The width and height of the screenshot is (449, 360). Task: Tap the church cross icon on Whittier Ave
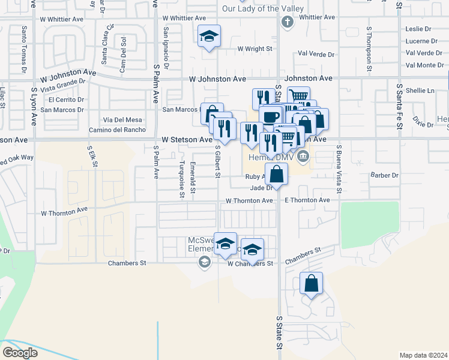point(287,23)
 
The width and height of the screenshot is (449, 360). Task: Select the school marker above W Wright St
point(209,37)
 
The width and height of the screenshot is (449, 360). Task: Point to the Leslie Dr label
point(418,29)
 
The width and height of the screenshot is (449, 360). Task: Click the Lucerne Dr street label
point(421,41)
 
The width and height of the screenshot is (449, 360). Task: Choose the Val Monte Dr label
point(424,65)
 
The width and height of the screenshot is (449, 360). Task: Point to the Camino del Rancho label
point(117,130)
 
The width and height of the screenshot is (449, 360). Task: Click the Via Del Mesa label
point(122,120)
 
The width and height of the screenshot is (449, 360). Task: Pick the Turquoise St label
point(181,179)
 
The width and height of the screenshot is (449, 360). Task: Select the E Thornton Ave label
point(307,200)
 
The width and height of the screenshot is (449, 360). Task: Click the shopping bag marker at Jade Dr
point(276,175)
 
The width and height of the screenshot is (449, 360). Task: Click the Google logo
point(20,353)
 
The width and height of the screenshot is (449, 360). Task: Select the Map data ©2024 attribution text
point(424,355)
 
